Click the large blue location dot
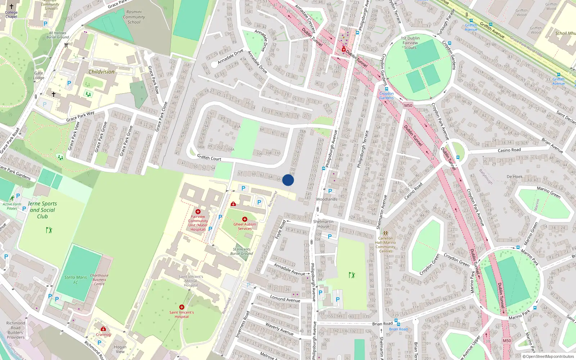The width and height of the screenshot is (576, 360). tap(288, 180)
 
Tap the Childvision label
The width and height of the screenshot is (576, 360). tap(102, 72)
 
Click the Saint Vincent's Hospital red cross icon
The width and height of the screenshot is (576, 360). tap(182, 307)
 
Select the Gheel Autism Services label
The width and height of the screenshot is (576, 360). tap(245, 226)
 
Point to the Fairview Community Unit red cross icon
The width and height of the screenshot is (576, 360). tap(198, 212)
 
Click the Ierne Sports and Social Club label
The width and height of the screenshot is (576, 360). tap(42, 210)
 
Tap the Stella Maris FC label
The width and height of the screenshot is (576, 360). tap(76, 280)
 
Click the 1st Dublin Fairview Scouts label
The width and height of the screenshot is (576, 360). tap(410, 43)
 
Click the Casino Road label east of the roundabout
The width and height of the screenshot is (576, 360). tap(509, 150)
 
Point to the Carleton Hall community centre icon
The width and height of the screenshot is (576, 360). tap(386, 233)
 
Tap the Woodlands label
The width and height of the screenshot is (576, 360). tap(327, 199)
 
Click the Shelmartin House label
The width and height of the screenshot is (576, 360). tap(323, 224)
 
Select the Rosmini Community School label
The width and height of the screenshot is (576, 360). tap(134, 17)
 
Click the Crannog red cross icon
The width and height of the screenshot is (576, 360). tap(103, 329)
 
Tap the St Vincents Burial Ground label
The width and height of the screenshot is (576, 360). tap(242, 251)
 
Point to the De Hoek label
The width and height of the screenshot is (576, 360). tap(514, 176)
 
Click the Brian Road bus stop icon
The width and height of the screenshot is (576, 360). tap(396, 320)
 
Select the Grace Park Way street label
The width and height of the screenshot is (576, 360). tap(80, 116)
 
